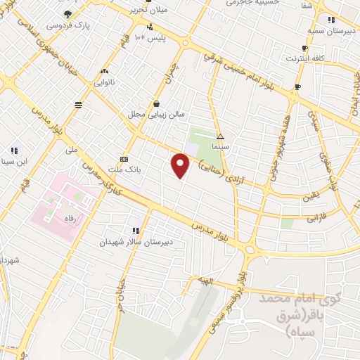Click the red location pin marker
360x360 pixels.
[181, 166]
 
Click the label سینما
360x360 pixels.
[222, 146]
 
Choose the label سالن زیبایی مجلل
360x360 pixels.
[155, 114]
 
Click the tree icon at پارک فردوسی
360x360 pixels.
[67, 13]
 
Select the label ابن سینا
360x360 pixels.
[15, 160]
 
